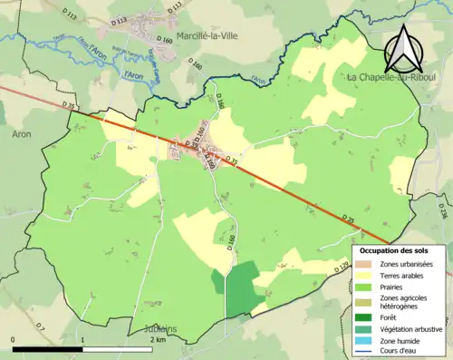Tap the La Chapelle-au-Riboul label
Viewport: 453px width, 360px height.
[x=390, y=78]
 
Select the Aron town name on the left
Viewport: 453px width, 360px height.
[x=20, y=133]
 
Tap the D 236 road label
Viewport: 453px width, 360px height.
[x=441, y=210]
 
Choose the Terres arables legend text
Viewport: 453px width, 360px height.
[x=404, y=275]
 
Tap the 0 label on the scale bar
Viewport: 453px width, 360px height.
[x=14, y=338]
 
